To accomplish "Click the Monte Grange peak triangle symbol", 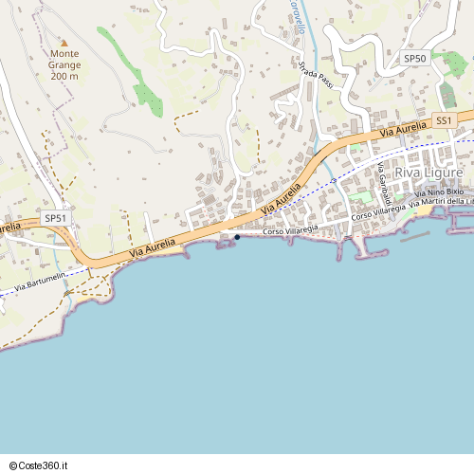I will tap(64, 43).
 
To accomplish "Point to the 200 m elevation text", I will tap(64, 75).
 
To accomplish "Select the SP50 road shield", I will tap(415, 59).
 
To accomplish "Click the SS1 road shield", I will tap(445, 119).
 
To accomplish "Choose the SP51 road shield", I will tap(56, 218).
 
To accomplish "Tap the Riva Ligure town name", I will tap(428, 173).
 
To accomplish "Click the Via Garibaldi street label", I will tap(384, 183).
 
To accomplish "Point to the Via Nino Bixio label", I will tap(440, 192).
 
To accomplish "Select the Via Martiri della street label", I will tap(441, 202).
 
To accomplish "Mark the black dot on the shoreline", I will tap(237, 237).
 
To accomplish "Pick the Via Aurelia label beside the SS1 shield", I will tap(404, 129).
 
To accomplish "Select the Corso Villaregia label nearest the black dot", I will tap(290, 230).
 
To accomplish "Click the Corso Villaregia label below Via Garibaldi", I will tap(378, 213).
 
